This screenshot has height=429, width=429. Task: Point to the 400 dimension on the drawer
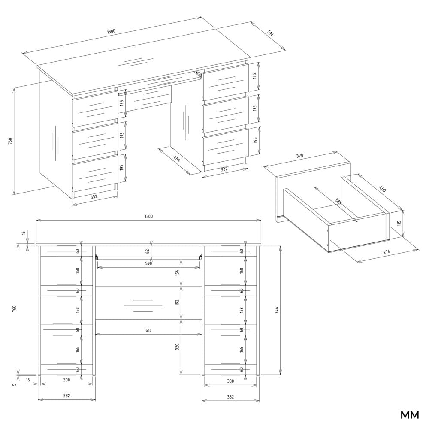pyautogui.click(x=381, y=189)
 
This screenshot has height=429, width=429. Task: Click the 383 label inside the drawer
pyautogui.click(x=338, y=202)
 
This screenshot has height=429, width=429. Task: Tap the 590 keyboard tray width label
pyautogui.click(x=148, y=263)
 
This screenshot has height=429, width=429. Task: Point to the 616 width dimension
pyautogui.click(x=148, y=330)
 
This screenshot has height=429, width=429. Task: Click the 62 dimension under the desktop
pyautogui.click(x=147, y=251)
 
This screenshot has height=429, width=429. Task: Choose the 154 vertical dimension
pyautogui.click(x=177, y=273)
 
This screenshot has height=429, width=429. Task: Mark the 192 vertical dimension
pyautogui.click(x=177, y=302)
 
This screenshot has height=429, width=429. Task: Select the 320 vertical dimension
pyautogui.click(x=177, y=347)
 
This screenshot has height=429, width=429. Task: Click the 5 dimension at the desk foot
pyautogui.click(x=14, y=384)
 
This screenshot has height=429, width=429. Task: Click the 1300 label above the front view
pyautogui.click(x=148, y=216)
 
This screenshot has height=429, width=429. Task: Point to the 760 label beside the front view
pyautogui.click(x=14, y=309)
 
